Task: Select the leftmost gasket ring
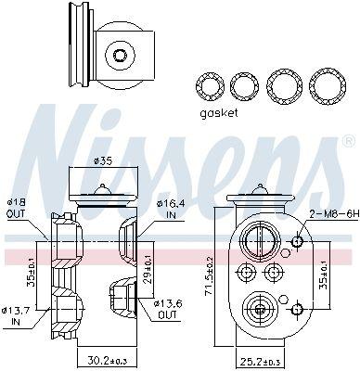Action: tap(211, 87)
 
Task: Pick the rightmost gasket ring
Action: tap(324, 87)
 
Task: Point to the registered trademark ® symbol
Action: tap(347, 142)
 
